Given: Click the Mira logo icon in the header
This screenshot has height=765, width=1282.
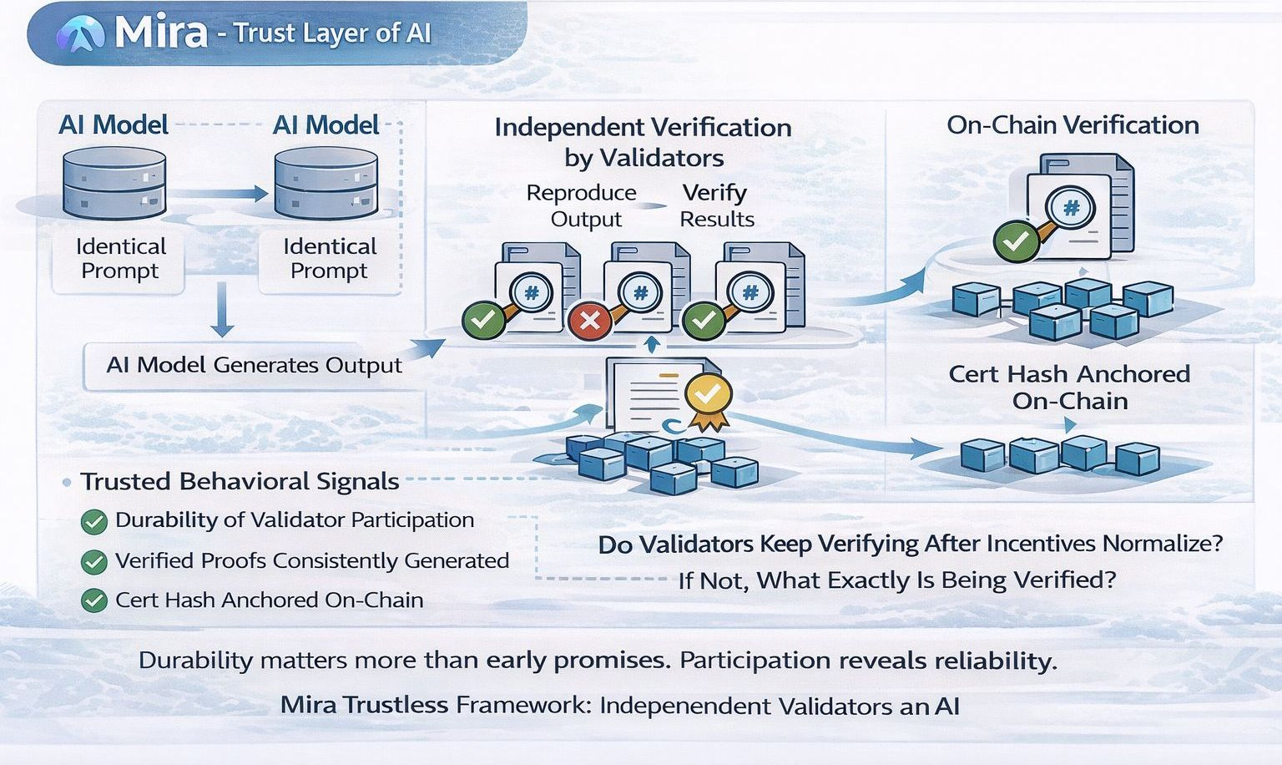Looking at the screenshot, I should pos(80,34).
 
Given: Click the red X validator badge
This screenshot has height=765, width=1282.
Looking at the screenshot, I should pos(590,321).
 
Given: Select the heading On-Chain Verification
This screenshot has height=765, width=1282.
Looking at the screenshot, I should pos(1073,125).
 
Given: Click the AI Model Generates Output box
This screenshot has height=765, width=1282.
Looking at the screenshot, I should pos(254,366).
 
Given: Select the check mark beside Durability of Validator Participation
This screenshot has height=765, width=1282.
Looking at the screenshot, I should pos(93,522).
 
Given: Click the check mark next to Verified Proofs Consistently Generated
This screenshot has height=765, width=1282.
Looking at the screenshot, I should pos(93,562).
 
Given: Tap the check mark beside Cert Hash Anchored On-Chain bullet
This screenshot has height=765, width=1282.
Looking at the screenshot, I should pos(93,600).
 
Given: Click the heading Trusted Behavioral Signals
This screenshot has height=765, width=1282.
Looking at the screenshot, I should pos(240,482).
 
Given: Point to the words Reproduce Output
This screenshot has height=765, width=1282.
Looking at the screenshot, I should pos(583,205).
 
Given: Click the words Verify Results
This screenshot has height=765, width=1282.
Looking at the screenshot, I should pos(715,205).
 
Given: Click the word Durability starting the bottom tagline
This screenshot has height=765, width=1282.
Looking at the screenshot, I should pos(195,661).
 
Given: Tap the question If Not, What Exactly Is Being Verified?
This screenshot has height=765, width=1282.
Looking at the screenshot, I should pos(896,580).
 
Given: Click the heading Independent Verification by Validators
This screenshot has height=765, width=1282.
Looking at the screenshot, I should pos(643,142).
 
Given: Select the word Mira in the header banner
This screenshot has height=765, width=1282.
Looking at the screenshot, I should pos(161,33).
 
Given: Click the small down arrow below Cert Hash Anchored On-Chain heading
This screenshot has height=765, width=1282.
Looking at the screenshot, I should pos(1071,426).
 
